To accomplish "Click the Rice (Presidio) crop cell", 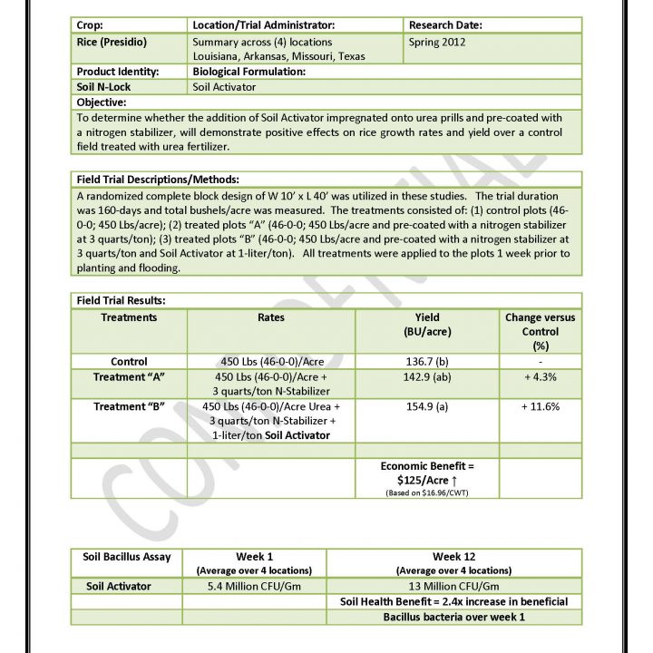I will [112, 42].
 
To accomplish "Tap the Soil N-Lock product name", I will [104, 87].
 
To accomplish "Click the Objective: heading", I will [101, 102].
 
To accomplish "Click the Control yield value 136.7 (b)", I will [427, 361].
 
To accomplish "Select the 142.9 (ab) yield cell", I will [427, 376].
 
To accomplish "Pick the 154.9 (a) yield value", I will [427, 406].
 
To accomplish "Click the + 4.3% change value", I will [541, 376].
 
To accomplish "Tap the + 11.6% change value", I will [541, 406].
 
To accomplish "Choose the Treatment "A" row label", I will [129, 376].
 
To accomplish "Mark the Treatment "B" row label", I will [129, 406].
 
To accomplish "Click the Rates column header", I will [270, 317].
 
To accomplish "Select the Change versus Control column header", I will [541, 331].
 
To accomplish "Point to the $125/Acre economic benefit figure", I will [427, 479].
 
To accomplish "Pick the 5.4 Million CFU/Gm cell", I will [255, 586].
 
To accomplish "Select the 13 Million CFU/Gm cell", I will [454, 586].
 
